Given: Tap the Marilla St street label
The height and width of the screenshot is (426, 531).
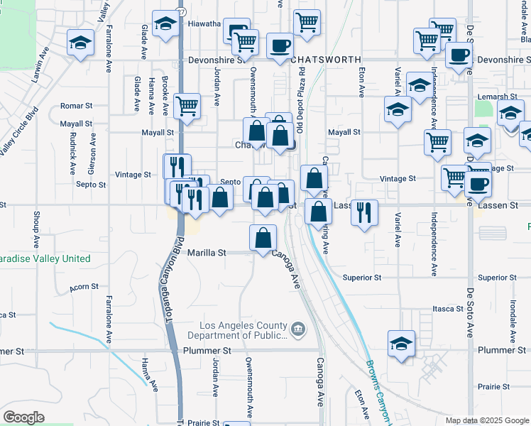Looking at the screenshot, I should [x=207, y=253].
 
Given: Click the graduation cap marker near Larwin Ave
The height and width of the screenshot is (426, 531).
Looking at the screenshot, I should [x=81, y=43].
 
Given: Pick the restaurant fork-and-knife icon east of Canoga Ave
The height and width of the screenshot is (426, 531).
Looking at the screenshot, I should [x=364, y=214].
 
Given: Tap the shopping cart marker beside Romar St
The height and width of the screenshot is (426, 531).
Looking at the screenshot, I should [x=187, y=106].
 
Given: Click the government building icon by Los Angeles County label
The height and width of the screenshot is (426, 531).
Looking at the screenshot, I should [x=297, y=329].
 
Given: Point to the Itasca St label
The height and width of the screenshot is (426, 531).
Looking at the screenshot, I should [x=447, y=310].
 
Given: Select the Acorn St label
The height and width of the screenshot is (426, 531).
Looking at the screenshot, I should [x=83, y=288].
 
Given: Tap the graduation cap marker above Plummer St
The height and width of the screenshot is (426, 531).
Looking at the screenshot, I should [x=401, y=344].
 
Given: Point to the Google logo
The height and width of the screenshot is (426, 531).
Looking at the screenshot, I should [x=23, y=417].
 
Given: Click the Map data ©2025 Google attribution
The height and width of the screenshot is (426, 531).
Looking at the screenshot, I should [x=487, y=420].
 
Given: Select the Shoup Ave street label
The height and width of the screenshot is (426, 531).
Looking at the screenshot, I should [x=35, y=230].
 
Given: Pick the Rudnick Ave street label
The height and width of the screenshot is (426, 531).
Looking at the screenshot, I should [x=73, y=157].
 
